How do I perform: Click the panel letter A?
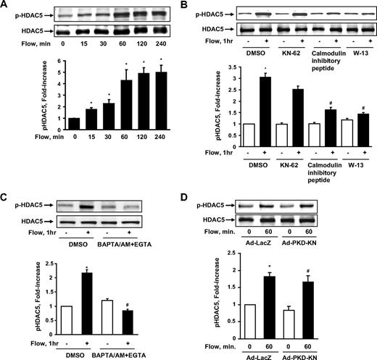[x=7, y=7]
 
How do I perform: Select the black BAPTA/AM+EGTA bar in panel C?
[x=147, y=322]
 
